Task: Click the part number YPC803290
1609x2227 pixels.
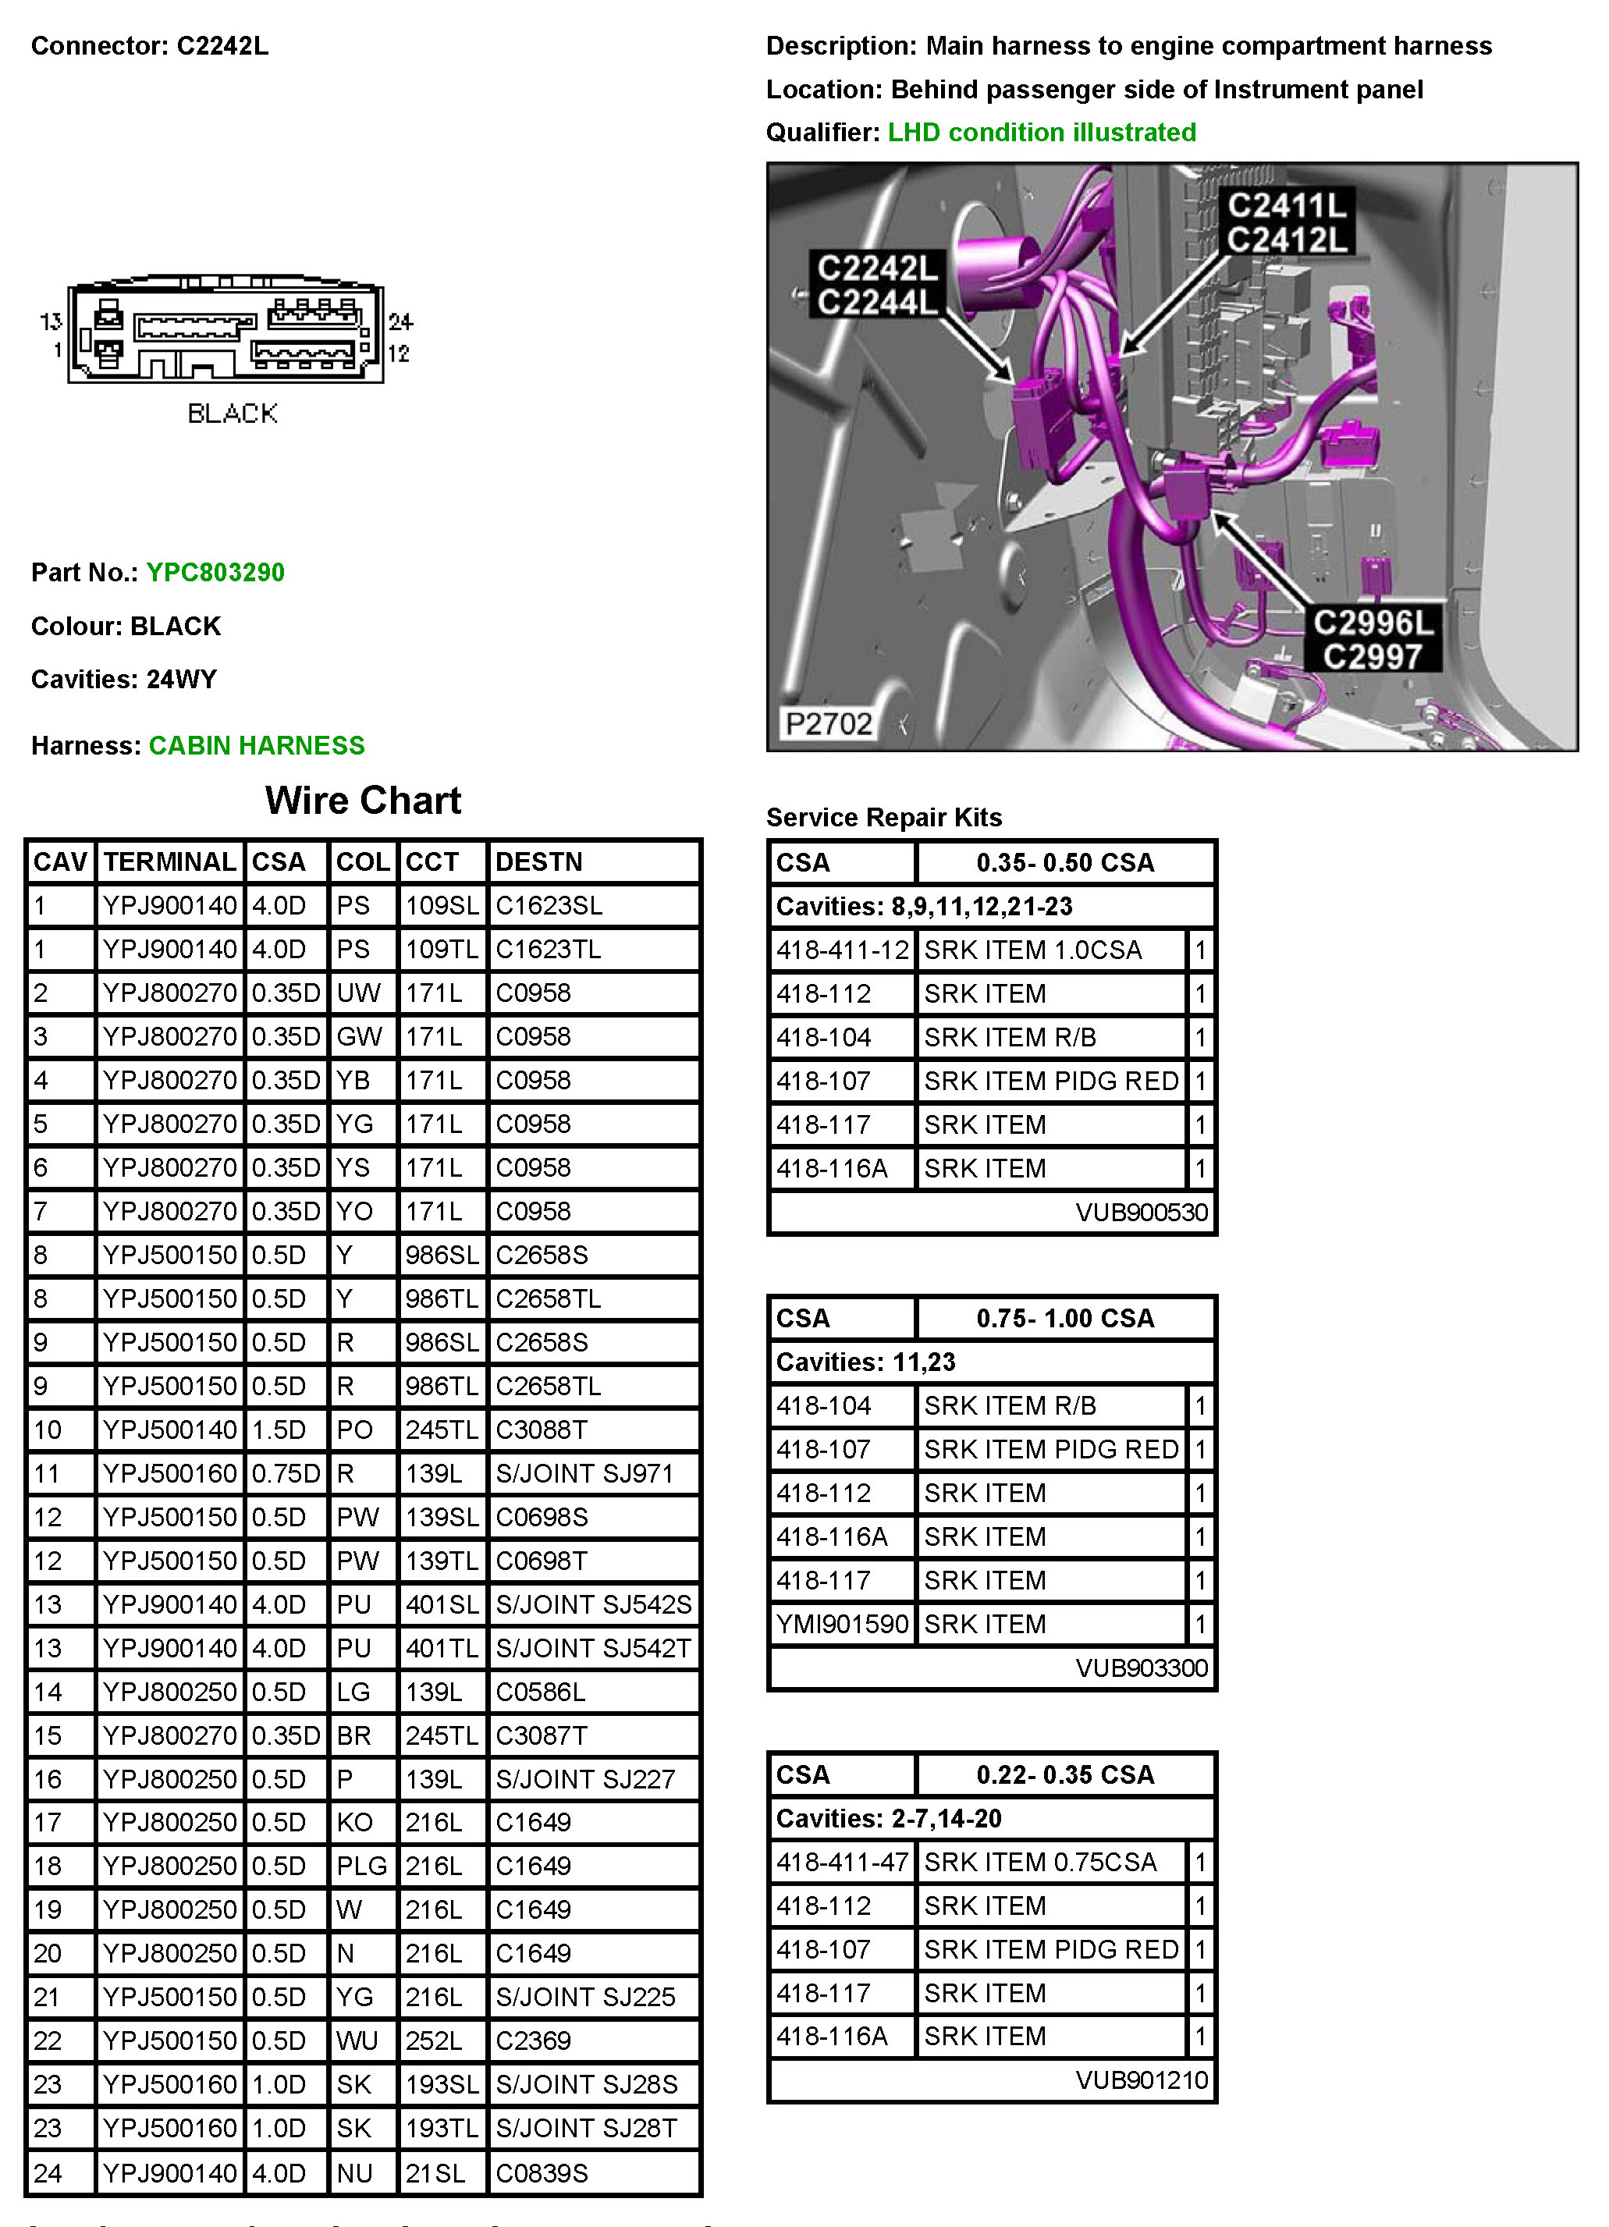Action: [x=215, y=573]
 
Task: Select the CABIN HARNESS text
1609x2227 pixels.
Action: [x=256, y=745]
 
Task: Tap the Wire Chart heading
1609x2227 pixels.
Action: [x=362, y=801]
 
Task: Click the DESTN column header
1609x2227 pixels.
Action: [x=539, y=862]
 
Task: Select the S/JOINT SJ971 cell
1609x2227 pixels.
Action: [x=584, y=1473]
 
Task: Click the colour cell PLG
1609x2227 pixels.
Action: [x=361, y=1866]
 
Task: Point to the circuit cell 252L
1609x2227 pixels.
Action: [x=434, y=2041]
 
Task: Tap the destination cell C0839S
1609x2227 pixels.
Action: [x=542, y=2173]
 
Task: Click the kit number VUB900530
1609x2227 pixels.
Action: [x=1141, y=1213]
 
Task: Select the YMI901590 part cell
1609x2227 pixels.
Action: [x=841, y=1624]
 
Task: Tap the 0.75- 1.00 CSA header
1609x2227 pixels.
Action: [x=1065, y=1318]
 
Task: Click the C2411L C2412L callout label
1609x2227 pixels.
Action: [x=1287, y=222]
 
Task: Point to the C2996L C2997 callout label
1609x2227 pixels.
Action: [x=1373, y=639]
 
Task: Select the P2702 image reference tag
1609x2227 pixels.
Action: [x=829, y=723]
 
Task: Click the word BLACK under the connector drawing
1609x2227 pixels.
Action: [x=233, y=414]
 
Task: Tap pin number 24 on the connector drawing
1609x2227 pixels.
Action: [x=400, y=321]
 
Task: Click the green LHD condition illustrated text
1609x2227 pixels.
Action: [x=1042, y=133]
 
